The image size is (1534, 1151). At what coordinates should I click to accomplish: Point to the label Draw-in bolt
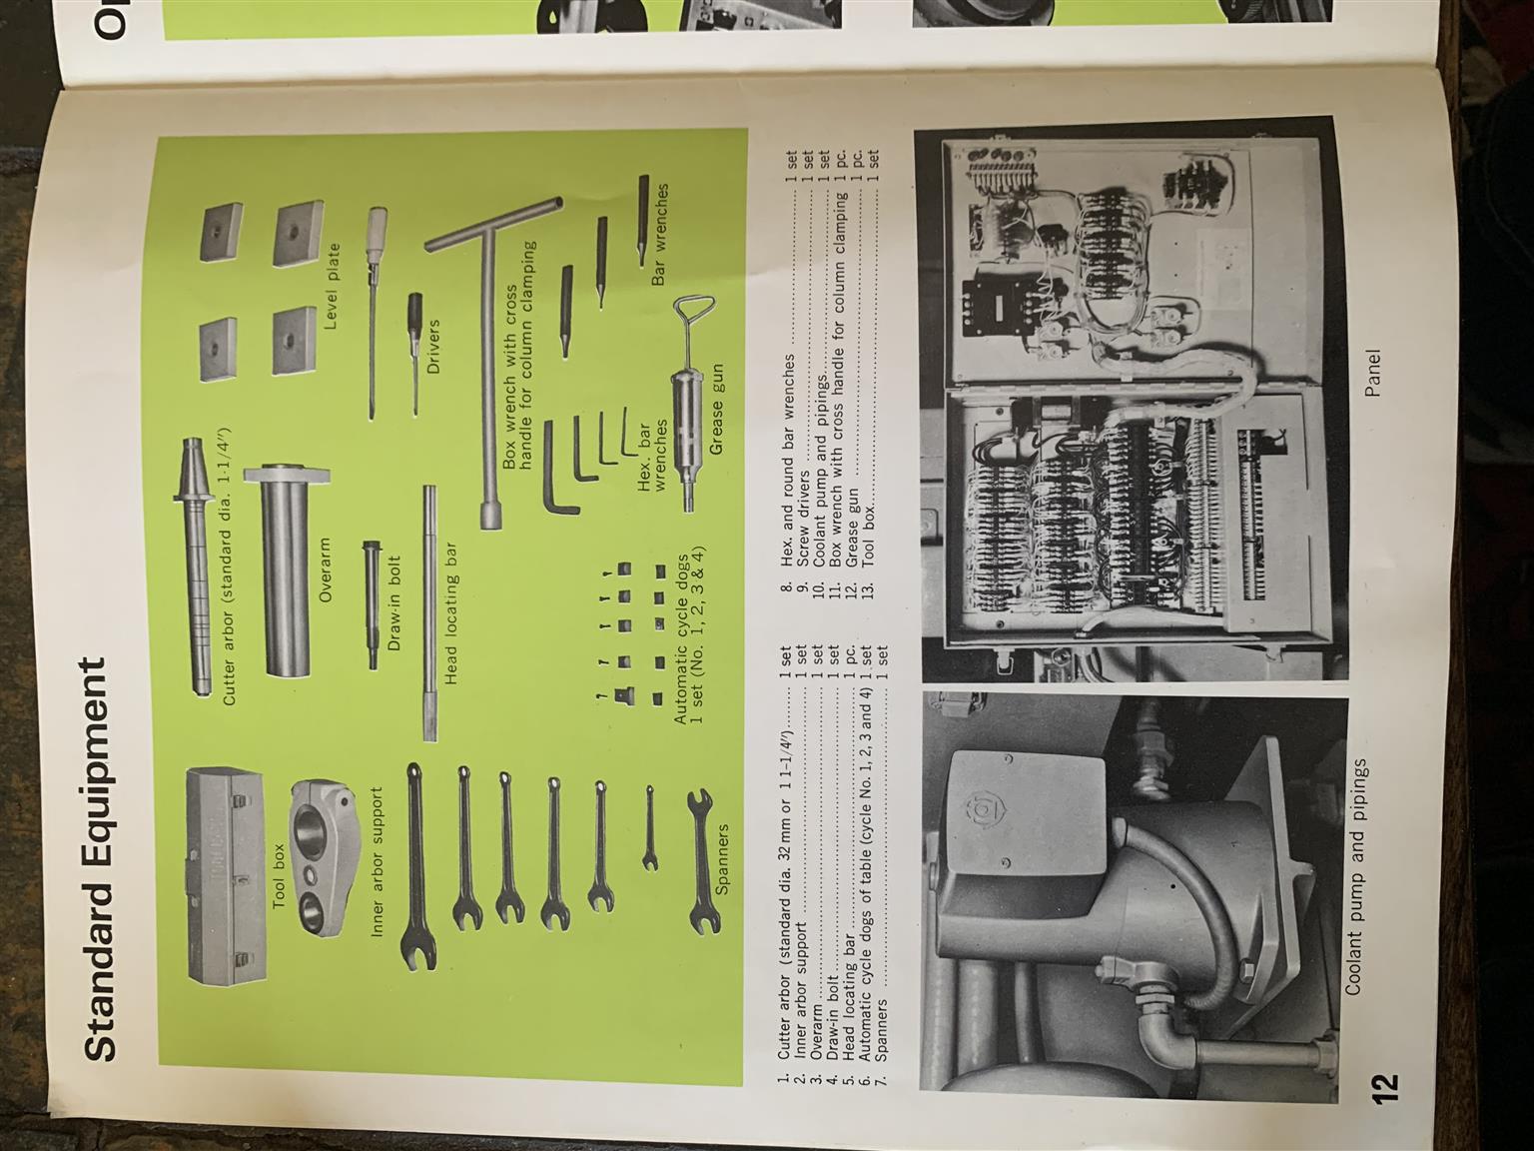point(394,603)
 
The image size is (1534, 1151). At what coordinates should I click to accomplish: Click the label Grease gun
point(716,410)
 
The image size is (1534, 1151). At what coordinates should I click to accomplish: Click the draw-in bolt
point(372,605)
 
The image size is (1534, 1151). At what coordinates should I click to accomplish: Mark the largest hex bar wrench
point(560,470)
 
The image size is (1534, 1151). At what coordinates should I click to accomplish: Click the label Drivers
point(433,347)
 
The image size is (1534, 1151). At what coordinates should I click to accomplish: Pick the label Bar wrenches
point(658,234)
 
